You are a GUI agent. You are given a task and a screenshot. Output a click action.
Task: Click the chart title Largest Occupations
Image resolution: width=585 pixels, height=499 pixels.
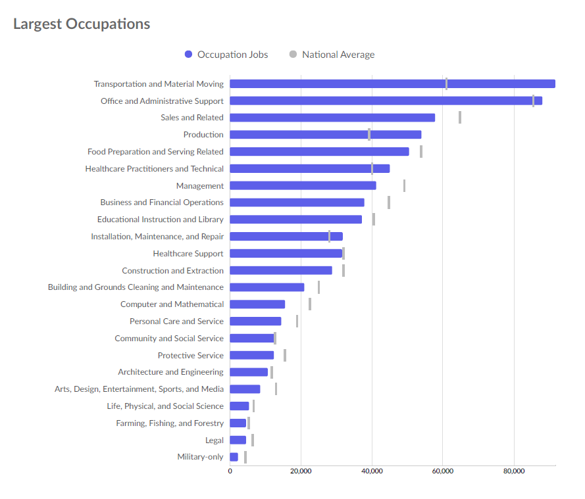pos(82,24)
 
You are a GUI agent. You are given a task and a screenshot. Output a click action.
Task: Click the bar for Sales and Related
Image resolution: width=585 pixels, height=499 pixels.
pos(332,118)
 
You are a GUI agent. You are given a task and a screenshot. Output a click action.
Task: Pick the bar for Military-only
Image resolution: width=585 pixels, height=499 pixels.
pos(234,457)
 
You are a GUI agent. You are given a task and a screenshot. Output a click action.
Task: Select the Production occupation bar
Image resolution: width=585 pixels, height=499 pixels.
pos(326,135)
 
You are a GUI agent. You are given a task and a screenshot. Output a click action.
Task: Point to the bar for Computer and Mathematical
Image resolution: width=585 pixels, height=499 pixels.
pos(257,304)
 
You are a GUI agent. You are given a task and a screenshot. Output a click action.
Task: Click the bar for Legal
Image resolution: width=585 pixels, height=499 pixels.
pos(238,440)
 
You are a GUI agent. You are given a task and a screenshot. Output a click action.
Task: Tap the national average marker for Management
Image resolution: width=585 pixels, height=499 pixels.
pos(404,185)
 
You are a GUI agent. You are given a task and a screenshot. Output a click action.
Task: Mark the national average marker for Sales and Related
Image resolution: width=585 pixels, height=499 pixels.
pos(460,118)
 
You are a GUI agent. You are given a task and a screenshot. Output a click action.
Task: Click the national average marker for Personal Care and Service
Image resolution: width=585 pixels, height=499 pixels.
pos(297,321)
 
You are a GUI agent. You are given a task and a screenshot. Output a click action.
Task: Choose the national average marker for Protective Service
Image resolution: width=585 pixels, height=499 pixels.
pos(285,355)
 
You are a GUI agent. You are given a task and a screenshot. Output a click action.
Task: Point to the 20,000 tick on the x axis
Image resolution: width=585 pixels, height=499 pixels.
pos(301,471)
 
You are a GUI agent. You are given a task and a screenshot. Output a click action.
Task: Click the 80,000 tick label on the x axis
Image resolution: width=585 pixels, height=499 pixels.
pos(514,471)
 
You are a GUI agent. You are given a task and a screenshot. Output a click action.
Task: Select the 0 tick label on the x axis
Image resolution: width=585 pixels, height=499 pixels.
pos(230,471)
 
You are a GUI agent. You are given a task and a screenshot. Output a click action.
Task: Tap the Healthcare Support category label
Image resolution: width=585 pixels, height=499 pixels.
pos(188,254)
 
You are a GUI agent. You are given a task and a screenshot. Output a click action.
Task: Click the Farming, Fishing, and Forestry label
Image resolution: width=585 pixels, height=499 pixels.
pos(170,423)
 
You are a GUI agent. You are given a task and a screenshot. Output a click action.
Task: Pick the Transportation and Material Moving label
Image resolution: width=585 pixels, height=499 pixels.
pos(159,84)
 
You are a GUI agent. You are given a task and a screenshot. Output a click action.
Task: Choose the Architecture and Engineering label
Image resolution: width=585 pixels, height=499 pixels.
pos(170,372)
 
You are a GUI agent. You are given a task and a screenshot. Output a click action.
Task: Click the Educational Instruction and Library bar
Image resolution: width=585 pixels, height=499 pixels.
pos(295,220)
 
